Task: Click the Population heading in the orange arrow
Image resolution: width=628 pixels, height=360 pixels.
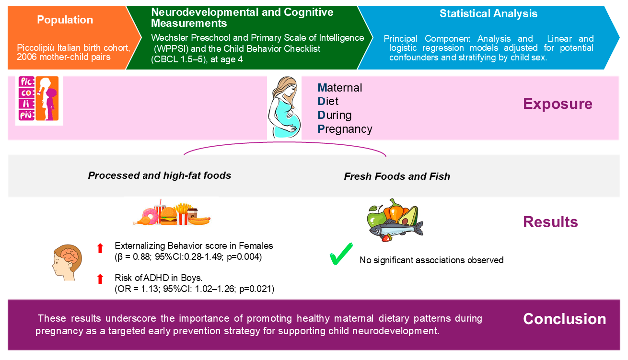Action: coord(65,20)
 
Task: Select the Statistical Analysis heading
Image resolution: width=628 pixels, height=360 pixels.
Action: coord(488,14)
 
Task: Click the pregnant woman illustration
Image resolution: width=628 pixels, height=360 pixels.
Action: coord(284,108)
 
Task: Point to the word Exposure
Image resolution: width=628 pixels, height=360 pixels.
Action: coord(558,104)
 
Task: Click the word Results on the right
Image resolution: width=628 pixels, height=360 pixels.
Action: coord(550,222)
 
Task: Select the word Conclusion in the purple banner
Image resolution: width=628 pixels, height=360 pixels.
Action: coord(564,319)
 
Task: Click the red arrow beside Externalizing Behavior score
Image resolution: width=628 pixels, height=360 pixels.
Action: coord(100,248)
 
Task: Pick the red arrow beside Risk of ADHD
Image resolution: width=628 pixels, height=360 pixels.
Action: coord(100,279)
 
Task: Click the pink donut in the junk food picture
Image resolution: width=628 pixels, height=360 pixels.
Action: coord(150,216)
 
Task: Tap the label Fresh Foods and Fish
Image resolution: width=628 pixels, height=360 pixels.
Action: coord(397,176)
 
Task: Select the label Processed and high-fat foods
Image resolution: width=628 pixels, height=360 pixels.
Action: coord(160,175)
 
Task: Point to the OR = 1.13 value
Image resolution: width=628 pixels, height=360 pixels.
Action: coord(140,289)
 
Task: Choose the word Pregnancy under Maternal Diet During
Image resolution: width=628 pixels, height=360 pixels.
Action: coord(345,129)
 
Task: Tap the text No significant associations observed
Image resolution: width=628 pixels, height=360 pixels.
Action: coord(431,260)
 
